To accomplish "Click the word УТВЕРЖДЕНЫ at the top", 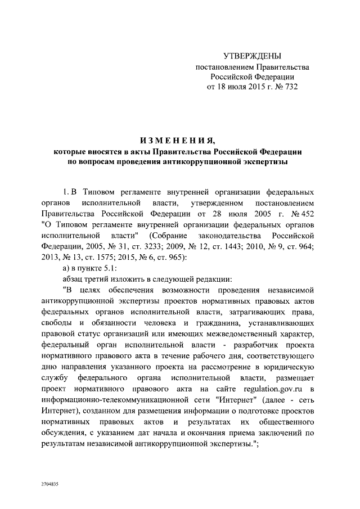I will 251,56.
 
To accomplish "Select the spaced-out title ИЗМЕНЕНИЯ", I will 177,140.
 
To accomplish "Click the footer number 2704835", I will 49,484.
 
